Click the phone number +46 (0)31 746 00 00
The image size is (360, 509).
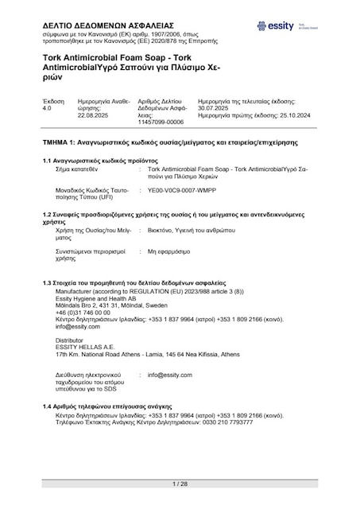[78, 313]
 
